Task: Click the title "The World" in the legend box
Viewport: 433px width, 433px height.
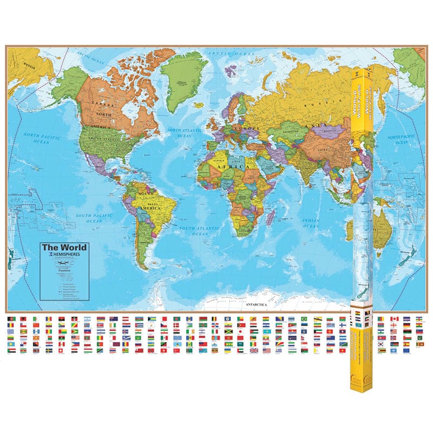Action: click(64, 247)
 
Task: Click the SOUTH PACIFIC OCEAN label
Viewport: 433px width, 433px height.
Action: click(89, 218)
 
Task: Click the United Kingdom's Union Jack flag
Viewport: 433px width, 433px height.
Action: click(254, 350)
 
